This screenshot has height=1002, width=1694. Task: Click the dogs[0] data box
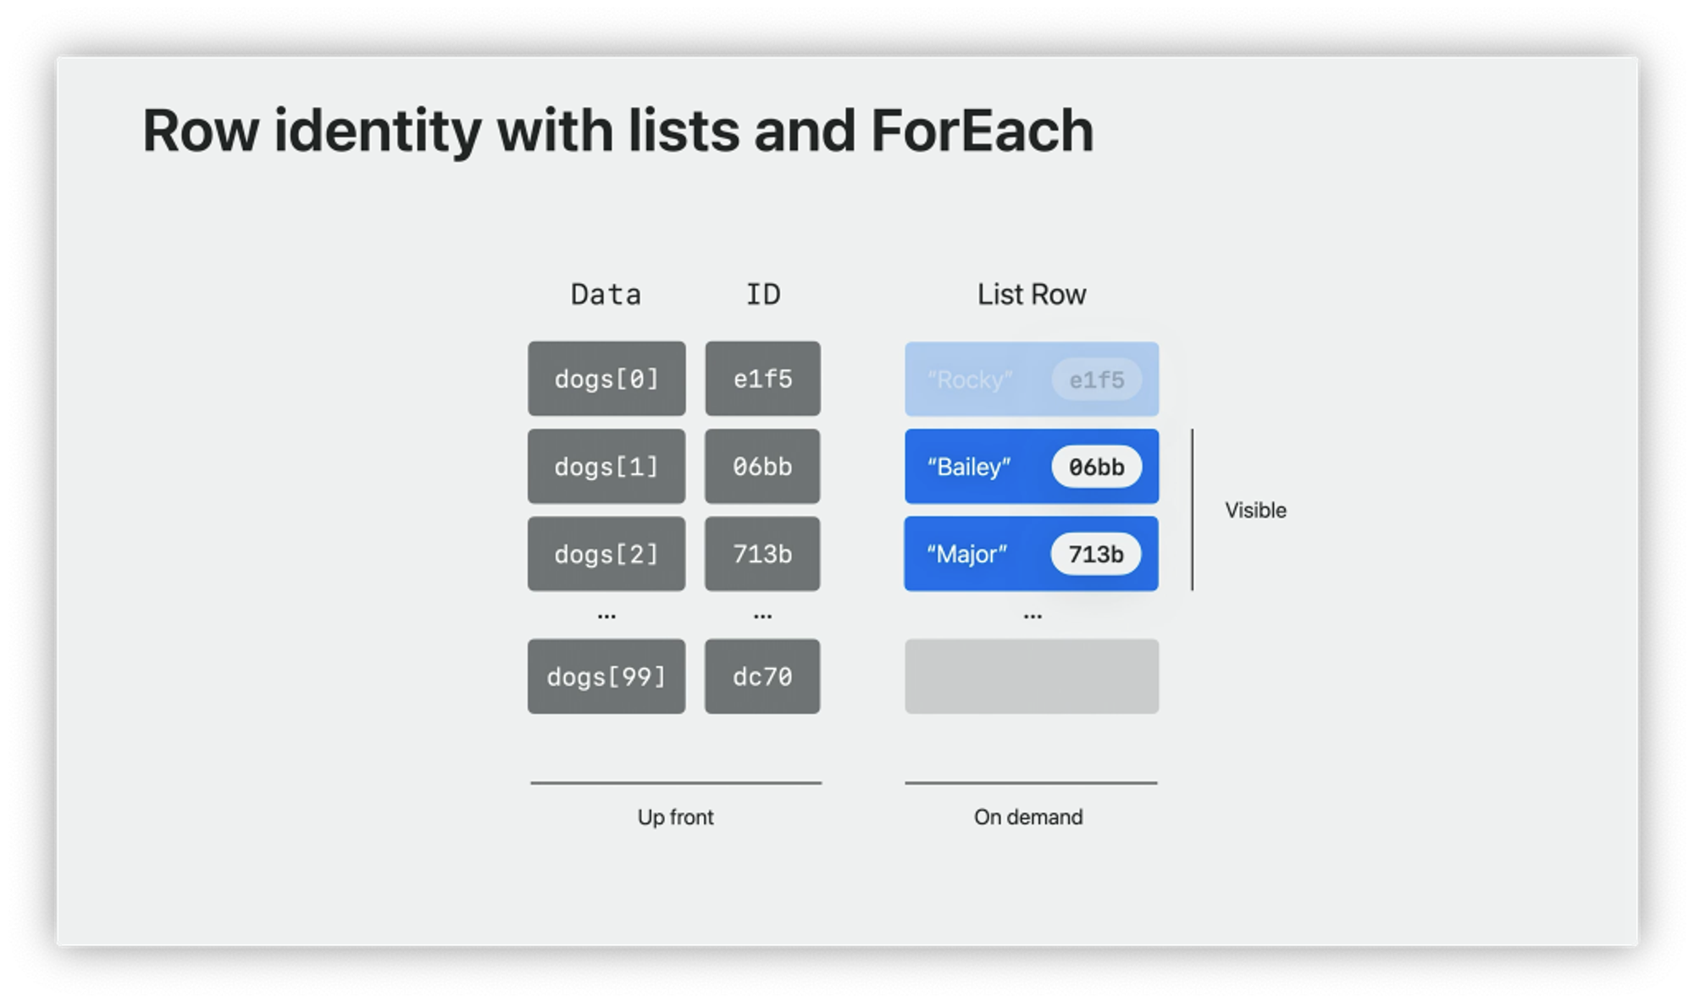click(x=606, y=379)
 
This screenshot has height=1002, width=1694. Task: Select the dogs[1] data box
click(x=606, y=467)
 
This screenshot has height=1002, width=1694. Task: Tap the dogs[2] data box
click(x=606, y=554)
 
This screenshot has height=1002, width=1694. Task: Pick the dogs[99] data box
click(x=606, y=677)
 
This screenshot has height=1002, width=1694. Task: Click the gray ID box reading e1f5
click(x=762, y=379)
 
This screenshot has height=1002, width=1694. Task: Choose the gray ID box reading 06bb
click(x=762, y=467)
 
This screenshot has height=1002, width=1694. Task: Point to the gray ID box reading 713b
click(x=762, y=554)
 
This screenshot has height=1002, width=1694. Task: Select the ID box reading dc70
click(x=762, y=677)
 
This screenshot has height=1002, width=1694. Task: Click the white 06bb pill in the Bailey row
click(x=1096, y=467)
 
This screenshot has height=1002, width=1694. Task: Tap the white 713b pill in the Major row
click(x=1096, y=554)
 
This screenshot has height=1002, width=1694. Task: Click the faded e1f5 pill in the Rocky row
click(x=1096, y=379)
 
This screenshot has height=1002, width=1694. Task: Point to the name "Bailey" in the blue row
click(x=969, y=467)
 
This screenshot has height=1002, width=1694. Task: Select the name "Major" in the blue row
click(x=966, y=554)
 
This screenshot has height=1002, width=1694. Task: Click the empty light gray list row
click(x=1032, y=677)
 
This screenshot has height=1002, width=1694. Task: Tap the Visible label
click(x=1255, y=510)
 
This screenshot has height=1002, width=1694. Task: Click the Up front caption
click(x=675, y=817)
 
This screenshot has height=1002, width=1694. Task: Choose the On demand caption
click(x=1028, y=817)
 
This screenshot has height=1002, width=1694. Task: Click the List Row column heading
click(x=1032, y=294)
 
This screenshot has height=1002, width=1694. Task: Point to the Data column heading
click(x=606, y=294)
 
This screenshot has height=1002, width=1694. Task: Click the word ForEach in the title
click(x=982, y=131)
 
